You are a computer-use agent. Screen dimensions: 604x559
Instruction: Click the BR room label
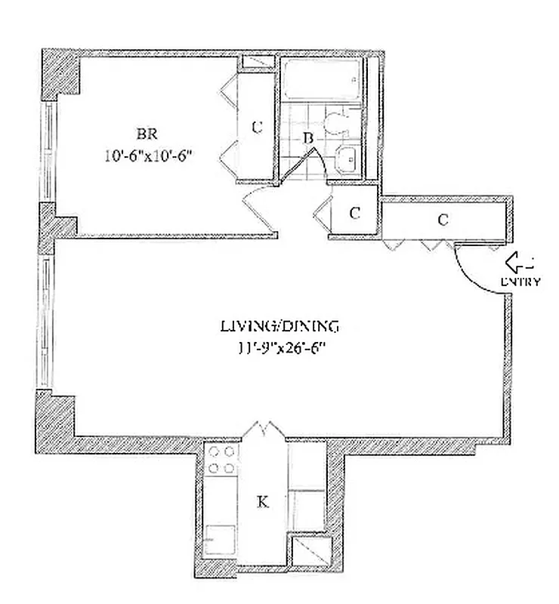pos(146,134)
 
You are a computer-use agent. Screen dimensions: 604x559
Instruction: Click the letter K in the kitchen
pos(262,501)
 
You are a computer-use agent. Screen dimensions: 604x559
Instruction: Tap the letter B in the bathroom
pos(307,138)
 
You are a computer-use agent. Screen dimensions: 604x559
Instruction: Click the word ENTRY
pos(520,282)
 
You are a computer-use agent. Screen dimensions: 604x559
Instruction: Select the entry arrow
pos(518,263)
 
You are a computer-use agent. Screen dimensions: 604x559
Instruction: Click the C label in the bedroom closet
pos(257,127)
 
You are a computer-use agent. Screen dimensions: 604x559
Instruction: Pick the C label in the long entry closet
pos(443,220)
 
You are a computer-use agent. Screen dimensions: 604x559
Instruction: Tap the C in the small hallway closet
pos(354,213)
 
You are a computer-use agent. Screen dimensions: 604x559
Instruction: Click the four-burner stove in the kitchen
pos(221,461)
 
